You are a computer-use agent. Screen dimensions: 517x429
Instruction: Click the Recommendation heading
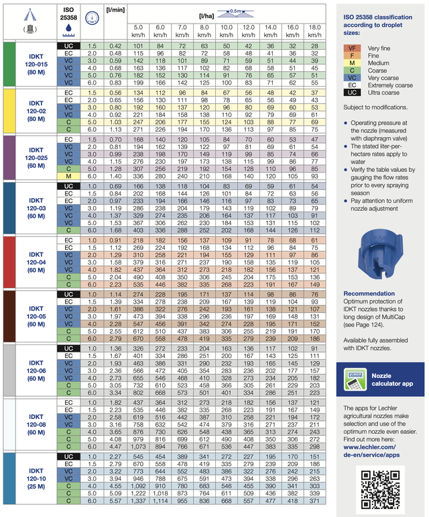point(369,294)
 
